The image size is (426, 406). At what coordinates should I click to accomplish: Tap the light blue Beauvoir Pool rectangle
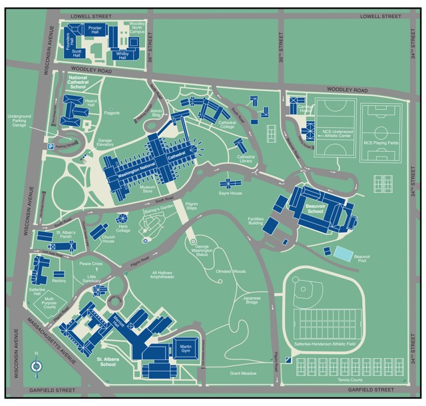click(343, 254)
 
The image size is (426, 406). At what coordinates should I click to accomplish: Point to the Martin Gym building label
click(186, 347)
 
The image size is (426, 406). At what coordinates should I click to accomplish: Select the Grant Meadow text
click(244, 373)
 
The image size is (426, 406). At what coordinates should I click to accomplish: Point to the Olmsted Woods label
click(231, 272)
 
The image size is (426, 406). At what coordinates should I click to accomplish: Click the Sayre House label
click(230, 192)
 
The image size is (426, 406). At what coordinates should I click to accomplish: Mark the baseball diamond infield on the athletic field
click(306, 291)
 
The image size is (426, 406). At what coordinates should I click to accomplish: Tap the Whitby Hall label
click(122, 57)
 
